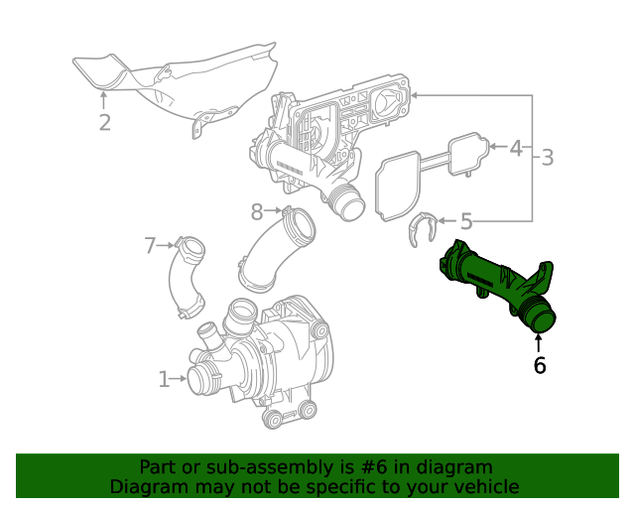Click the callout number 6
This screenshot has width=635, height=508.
(x=539, y=365)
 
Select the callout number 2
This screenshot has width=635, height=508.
(x=104, y=123)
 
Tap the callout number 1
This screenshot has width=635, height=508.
(x=165, y=378)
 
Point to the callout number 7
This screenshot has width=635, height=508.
(x=151, y=244)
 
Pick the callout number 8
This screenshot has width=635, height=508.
(x=257, y=210)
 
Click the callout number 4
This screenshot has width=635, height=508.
(x=515, y=149)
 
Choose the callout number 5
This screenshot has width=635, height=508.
(x=466, y=222)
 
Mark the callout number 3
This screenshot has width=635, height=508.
(x=547, y=157)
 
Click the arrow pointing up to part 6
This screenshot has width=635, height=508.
(x=539, y=343)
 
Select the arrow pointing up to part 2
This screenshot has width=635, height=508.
(x=104, y=100)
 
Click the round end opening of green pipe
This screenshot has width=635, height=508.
(x=542, y=317)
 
